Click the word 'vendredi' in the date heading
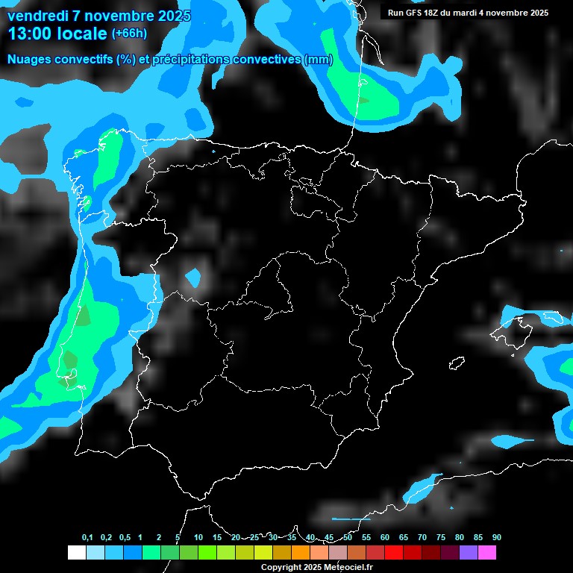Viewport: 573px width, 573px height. pos(37,16)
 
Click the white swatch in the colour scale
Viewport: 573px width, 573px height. pos(76,553)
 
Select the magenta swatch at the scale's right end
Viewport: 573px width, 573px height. pos(486,553)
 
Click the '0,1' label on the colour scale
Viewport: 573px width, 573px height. pos(87,538)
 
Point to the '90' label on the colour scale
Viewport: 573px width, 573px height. pos(497,538)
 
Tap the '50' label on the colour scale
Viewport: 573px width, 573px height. pos(348,538)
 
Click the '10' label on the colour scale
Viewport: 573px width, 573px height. pos(198,538)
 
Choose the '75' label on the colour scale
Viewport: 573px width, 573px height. pos(441,538)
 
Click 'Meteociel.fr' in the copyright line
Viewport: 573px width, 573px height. pos(348,567)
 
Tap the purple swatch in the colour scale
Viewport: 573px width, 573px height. pos(468,553)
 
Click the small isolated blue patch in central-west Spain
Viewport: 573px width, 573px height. pos(194,278)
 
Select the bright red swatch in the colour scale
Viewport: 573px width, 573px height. pos(393,553)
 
